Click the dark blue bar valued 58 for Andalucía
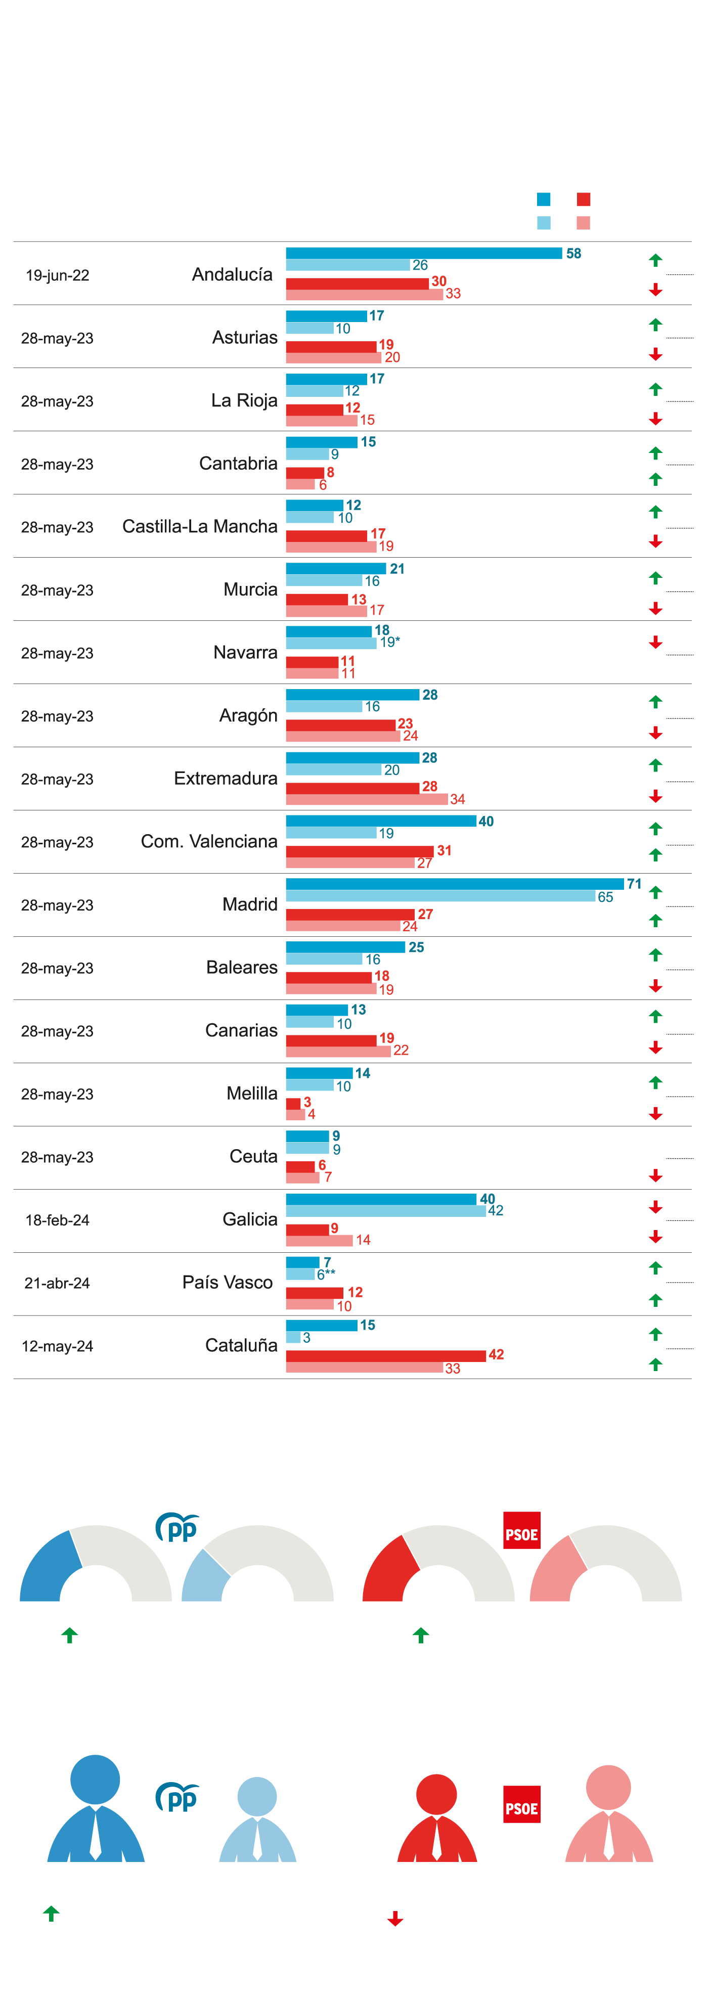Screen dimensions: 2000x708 pyautogui.click(x=423, y=253)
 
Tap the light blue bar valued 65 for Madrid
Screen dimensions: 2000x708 pyautogui.click(x=440, y=896)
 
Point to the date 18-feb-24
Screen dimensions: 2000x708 pyautogui.click(x=58, y=1220)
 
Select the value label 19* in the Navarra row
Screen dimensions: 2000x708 pyautogui.click(x=390, y=642)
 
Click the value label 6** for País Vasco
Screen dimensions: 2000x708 pyautogui.click(x=326, y=1274)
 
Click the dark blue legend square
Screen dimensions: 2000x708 pyautogui.click(x=544, y=200)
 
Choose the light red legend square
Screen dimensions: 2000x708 pyautogui.click(x=583, y=223)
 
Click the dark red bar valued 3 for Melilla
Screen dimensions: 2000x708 pyautogui.click(x=293, y=1103)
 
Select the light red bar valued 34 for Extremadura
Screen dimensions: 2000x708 pyautogui.click(x=367, y=799)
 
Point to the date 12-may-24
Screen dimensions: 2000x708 pyautogui.click(x=58, y=1346)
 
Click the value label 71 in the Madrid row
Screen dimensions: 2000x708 pyautogui.click(x=634, y=884)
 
